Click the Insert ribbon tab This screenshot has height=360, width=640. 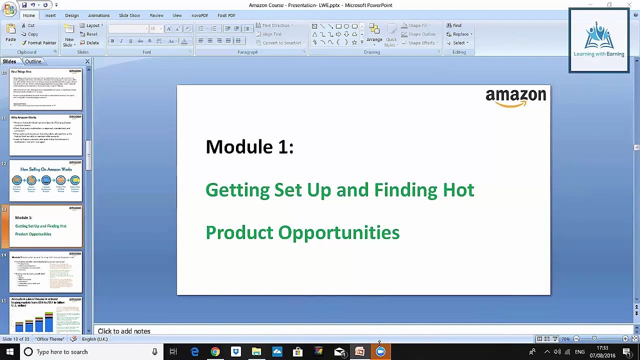(x=50, y=15)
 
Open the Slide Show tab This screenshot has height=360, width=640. (x=129, y=15)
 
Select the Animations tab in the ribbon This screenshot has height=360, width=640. (x=98, y=15)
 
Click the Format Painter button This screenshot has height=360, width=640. (x=39, y=43)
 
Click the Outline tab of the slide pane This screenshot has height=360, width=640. (x=33, y=61)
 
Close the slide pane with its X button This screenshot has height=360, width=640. (x=87, y=61)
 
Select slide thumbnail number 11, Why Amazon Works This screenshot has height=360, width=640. (x=45, y=135)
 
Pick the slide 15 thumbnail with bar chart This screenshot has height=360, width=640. (x=45, y=315)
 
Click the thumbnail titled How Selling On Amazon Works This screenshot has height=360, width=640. (x=45, y=180)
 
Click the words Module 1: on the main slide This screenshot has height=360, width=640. (x=249, y=147)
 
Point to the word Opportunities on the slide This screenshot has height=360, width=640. (x=338, y=233)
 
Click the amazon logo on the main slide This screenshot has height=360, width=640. (x=515, y=97)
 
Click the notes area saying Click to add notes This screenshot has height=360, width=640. (x=124, y=331)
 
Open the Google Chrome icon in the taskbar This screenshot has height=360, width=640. (x=215, y=352)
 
